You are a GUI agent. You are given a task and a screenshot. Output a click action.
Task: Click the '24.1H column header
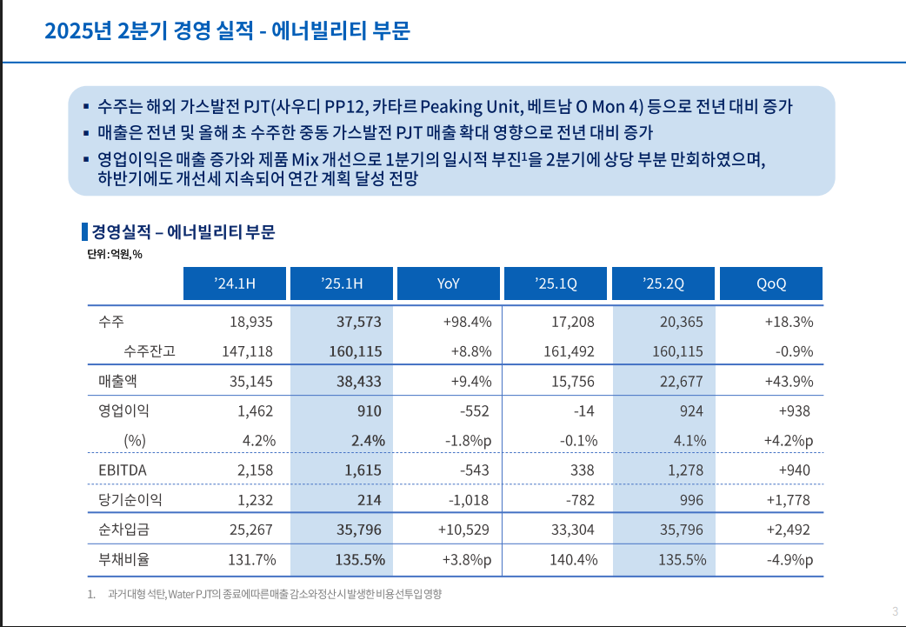coord(235,283)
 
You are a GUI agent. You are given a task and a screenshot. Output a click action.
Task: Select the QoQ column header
coord(770,283)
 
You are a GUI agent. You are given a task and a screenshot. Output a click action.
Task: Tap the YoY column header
coord(449,283)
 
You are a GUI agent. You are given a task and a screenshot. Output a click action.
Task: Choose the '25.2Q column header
coord(663,283)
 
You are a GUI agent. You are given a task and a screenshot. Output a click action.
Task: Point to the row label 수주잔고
coord(150,351)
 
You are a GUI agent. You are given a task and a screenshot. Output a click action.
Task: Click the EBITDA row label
coord(123,470)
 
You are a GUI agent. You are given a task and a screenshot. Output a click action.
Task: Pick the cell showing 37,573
coord(359,322)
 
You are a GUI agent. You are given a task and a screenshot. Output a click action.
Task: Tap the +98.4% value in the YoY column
coord(467,322)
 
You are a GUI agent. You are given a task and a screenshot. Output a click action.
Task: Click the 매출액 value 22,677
coord(683,381)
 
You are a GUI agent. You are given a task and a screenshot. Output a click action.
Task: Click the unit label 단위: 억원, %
coord(114,255)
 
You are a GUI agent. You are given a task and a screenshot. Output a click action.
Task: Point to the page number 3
coord(895,610)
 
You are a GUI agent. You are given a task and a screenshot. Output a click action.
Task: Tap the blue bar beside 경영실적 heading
coord(84,232)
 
